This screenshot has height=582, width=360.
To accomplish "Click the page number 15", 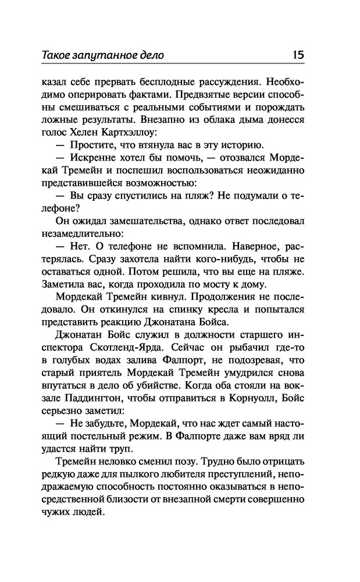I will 298,56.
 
